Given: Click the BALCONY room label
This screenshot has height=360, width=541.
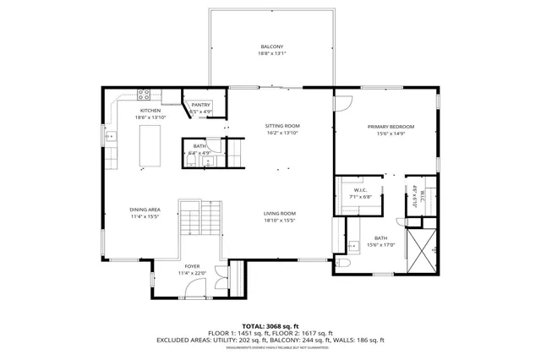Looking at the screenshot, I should coord(272,46).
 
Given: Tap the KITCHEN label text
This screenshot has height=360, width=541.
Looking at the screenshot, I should coord(150,110).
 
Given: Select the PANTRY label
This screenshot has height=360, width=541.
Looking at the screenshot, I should coord(200,105).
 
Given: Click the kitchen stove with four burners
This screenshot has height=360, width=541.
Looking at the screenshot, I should coord(145,94).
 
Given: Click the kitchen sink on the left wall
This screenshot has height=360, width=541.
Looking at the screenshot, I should coord(108,134).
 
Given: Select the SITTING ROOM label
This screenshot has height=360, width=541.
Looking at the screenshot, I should coord(282,126).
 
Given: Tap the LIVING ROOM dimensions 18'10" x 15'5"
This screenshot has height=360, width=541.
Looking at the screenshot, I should coord(279,220).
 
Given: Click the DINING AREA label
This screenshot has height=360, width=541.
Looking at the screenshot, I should coord(145,210).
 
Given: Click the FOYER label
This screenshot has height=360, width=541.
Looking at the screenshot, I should coord(193,267).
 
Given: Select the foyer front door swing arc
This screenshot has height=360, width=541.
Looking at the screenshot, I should coord(195,290).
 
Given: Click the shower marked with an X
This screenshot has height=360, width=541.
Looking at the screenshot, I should coord(423,251).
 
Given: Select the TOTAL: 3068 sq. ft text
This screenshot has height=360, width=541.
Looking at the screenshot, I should coord(270,325).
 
